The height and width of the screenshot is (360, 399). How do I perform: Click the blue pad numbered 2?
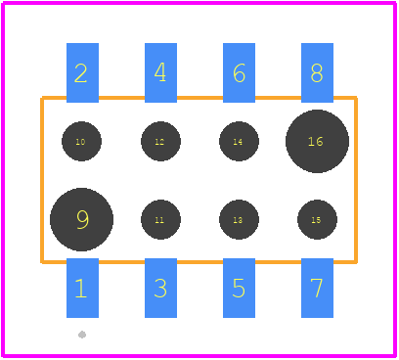82,72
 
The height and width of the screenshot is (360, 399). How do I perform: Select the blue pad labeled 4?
160,72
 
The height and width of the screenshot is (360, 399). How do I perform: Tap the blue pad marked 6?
239,72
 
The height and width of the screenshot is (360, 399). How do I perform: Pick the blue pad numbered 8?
317,72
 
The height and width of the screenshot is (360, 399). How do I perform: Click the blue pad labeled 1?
82,288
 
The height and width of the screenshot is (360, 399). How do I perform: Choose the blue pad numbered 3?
160,288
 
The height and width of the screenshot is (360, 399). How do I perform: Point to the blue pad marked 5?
239,288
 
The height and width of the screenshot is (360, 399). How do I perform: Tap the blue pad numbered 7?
317,288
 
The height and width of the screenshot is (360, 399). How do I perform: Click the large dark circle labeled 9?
81,219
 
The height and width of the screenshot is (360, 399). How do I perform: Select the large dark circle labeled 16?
317,141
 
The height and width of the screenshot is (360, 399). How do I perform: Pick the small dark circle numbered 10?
81,141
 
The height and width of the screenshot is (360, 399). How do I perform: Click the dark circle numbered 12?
160,141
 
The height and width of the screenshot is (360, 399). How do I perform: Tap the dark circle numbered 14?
239,141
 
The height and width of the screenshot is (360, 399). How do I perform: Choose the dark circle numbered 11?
160,219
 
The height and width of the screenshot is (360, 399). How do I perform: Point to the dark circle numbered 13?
239,219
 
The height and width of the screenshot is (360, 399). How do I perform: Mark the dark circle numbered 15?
317,219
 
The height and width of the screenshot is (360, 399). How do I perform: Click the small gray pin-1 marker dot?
82,335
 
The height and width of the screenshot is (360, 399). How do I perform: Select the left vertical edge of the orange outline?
42,180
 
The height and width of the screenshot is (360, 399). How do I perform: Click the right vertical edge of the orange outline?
356,180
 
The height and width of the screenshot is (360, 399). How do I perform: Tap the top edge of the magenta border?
199,3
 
